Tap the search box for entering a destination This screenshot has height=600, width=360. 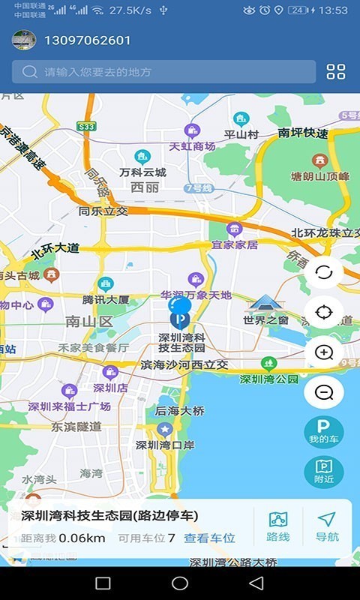(163, 72)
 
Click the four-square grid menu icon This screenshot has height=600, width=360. (336, 72)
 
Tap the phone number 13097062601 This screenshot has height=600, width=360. (88, 40)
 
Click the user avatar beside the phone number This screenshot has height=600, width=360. (24, 40)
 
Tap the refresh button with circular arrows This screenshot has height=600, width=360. (324, 272)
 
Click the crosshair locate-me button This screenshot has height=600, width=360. (324, 312)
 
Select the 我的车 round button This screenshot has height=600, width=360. (324, 432)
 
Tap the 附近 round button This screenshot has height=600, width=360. (324, 472)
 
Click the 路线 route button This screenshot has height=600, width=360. (278, 527)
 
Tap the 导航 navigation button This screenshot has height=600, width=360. (327, 527)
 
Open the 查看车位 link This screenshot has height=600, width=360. (210, 538)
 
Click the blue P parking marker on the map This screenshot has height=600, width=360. (179, 319)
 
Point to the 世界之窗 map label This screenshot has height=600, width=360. (265, 320)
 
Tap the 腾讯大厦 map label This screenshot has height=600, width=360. (106, 299)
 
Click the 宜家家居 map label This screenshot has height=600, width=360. (234, 244)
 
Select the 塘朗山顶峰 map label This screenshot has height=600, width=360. (320, 177)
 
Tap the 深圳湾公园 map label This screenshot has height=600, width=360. (268, 379)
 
